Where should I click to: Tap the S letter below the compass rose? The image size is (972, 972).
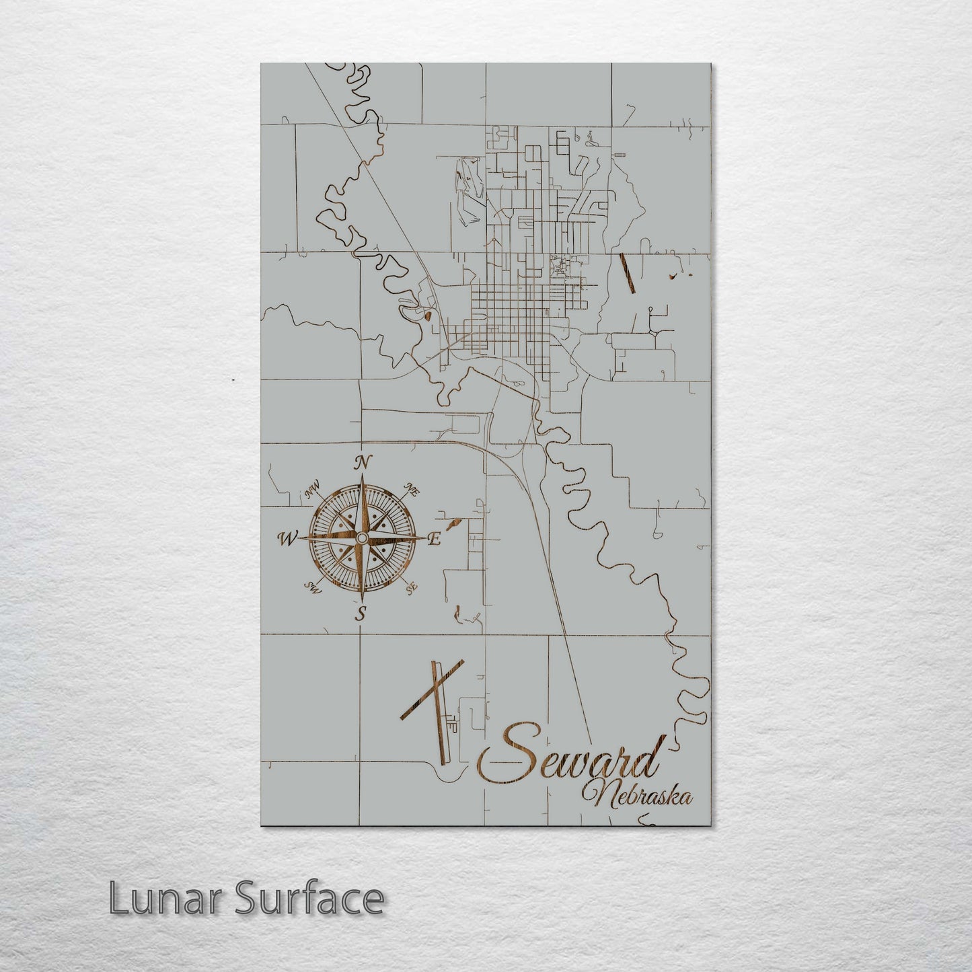click(x=362, y=613)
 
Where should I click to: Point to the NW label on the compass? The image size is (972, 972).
click(x=313, y=492)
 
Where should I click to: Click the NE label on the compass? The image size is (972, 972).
click(x=411, y=490)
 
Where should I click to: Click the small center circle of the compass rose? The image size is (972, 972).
click(x=362, y=538)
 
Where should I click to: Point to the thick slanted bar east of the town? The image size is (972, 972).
click(x=628, y=273)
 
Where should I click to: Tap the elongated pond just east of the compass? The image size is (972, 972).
click(x=451, y=521)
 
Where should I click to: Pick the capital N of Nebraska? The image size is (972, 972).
click(x=597, y=794)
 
